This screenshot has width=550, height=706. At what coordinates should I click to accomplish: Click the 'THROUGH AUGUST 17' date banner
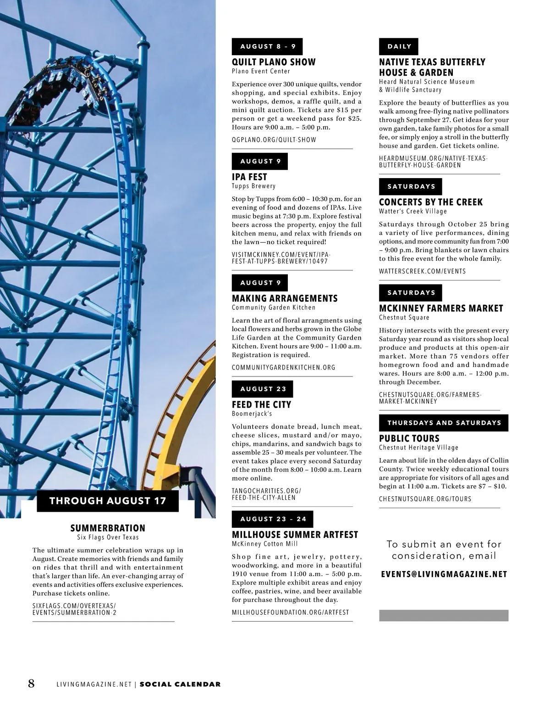[x=108, y=501]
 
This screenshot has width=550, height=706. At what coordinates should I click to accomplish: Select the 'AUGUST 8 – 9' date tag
[x=267, y=46]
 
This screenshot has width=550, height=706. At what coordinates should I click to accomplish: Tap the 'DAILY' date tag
[x=399, y=46]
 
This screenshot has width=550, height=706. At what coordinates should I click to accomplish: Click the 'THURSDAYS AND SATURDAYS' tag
[x=444, y=423]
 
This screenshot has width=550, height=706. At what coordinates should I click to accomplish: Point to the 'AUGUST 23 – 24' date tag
[x=273, y=519]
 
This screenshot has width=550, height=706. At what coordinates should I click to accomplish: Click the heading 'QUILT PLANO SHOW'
[x=274, y=62]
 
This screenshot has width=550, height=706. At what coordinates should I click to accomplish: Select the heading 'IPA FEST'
[x=249, y=177]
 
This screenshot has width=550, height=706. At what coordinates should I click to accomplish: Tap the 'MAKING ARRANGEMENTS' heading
[x=285, y=298]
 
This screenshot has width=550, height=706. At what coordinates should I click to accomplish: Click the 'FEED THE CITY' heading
[x=261, y=404]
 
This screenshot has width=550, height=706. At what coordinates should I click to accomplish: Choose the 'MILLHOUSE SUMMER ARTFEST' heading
[x=295, y=534]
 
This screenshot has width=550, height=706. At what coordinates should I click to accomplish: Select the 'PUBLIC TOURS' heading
[x=409, y=438]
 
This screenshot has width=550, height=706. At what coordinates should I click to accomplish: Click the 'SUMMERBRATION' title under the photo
[x=108, y=528]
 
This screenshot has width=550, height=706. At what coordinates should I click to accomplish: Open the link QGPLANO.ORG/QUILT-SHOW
[x=274, y=140]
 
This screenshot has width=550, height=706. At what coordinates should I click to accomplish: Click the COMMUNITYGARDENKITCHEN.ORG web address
[x=283, y=368]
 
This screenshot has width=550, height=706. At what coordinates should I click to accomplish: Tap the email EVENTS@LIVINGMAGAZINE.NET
[x=444, y=575]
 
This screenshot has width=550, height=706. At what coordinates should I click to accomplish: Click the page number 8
[x=31, y=684]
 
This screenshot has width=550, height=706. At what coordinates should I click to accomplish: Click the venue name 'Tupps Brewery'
[x=253, y=186]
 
